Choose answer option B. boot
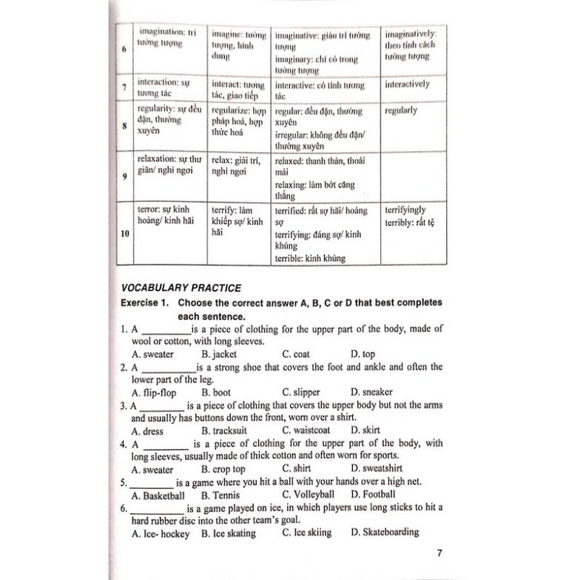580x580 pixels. click(x=216, y=392)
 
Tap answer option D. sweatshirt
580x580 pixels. click(x=377, y=469)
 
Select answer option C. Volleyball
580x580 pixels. click(x=308, y=494)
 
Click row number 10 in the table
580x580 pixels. click(x=123, y=234)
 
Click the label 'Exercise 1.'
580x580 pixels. click(x=146, y=303)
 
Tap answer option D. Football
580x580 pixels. click(x=373, y=494)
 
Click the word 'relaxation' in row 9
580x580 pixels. click(x=157, y=159)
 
